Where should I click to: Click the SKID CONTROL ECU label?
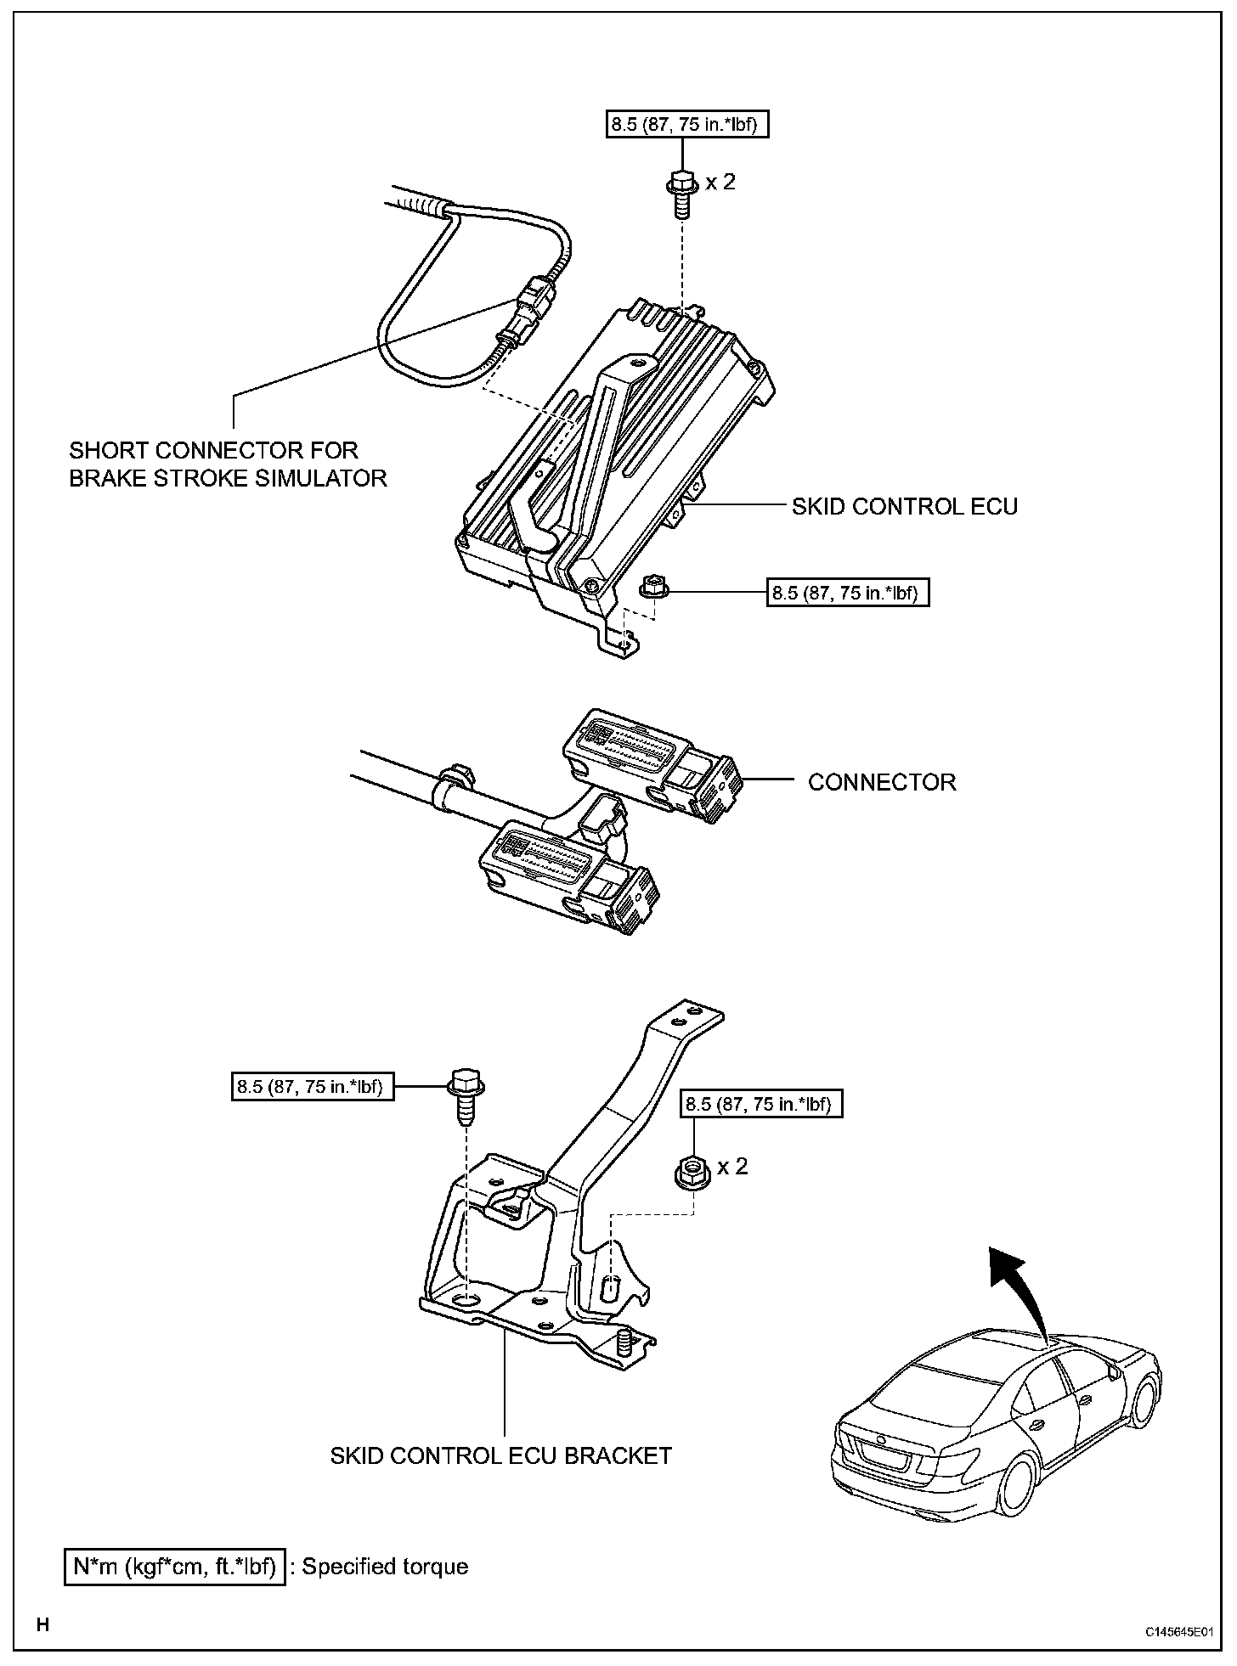[x=904, y=507]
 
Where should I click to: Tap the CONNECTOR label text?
[x=882, y=782]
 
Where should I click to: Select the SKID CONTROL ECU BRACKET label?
[x=500, y=1455]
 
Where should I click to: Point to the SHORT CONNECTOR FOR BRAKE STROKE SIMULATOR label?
[x=228, y=464]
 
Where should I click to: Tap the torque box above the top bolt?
[x=682, y=126]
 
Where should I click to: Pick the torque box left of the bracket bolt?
[x=313, y=1086]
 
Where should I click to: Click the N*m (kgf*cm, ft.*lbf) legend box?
[x=174, y=1567]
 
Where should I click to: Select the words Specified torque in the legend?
[x=385, y=1567]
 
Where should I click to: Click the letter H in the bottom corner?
[x=42, y=1626]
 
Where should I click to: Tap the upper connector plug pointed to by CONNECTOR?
[x=652, y=761]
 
